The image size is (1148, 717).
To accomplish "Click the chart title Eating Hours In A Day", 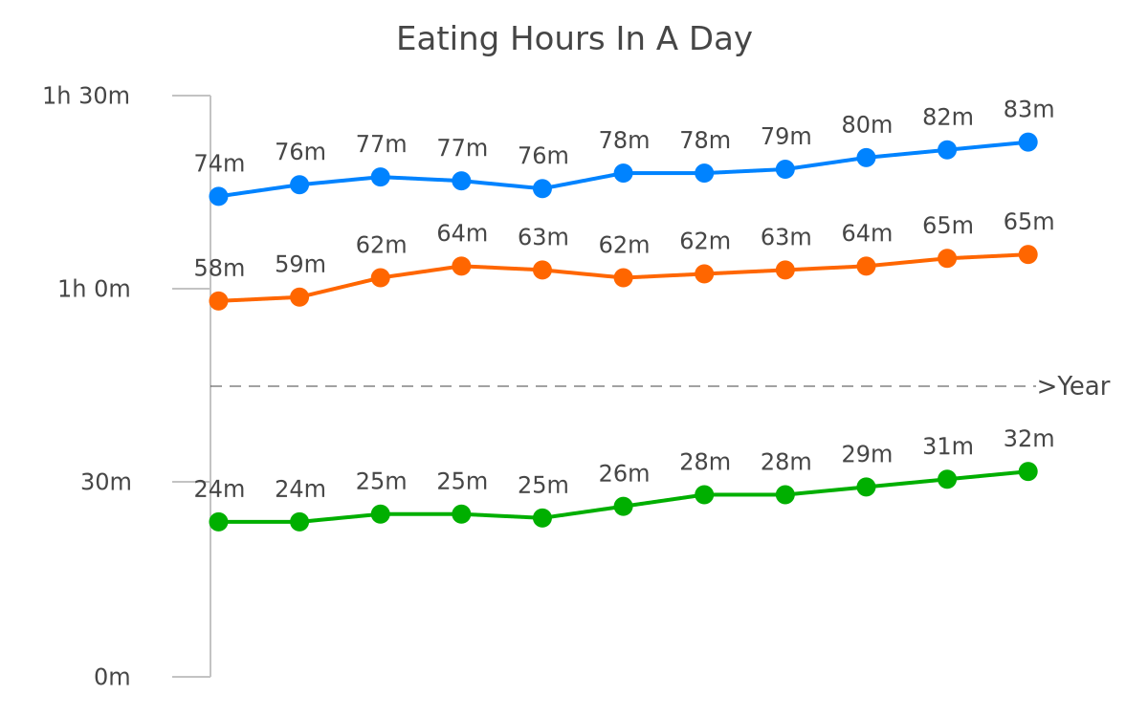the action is tap(574, 39).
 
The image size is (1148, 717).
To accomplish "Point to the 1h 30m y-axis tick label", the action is tap(86, 96).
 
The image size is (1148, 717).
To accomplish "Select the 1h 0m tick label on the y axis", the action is tap(94, 289).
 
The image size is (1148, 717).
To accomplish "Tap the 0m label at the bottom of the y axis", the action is tap(112, 677).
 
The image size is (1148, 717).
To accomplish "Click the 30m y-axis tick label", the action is tap(105, 482).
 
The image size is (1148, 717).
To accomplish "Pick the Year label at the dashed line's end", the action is tap(1083, 386).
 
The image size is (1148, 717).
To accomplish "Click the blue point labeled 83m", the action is tap(1028, 141).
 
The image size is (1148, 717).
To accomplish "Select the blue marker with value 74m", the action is tap(218, 196).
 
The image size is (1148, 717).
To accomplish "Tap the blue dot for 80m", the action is tap(866, 157).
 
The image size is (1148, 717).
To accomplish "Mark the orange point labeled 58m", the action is tap(218, 301).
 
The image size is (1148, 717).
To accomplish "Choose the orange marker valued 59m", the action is tap(299, 297).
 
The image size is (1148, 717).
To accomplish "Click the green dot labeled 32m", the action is tap(1028, 471).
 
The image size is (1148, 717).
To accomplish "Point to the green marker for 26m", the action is tap(623, 506).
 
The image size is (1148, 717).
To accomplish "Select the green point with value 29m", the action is tap(866, 487).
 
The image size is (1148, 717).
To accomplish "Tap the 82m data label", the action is tap(948, 117).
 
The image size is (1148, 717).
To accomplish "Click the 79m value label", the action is tap(785, 136).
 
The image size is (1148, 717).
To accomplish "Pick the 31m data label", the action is tap(948, 446).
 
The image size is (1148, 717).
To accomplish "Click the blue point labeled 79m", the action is tap(785, 169).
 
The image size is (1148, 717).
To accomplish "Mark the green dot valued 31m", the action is tap(947, 479).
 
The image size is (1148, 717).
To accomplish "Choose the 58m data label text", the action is tap(219, 269).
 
